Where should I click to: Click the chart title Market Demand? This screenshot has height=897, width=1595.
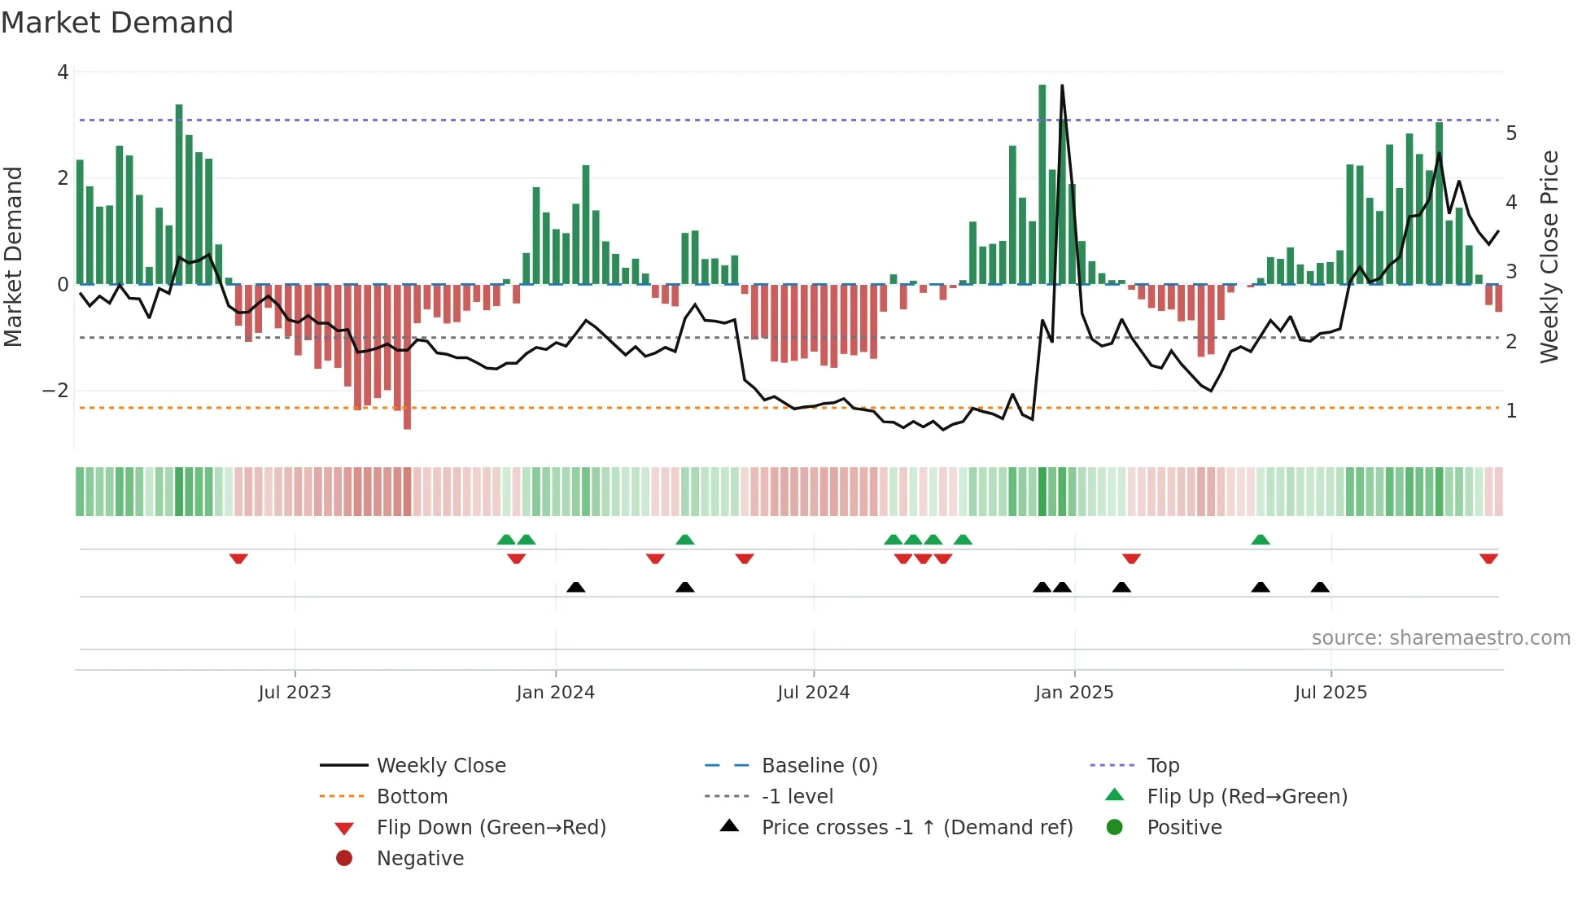(117, 23)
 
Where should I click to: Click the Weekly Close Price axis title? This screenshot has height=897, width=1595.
(1549, 256)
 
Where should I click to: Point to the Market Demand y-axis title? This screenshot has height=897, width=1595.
(14, 256)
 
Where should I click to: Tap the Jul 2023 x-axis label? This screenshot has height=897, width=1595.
(295, 693)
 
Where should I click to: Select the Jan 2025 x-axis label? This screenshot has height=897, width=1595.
(1074, 693)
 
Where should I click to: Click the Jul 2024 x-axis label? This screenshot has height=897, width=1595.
(813, 693)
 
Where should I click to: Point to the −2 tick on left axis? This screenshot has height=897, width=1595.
(55, 391)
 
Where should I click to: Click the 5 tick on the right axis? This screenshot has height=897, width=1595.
(1511, 133)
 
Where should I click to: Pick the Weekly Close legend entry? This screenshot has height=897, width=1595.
(440, 766)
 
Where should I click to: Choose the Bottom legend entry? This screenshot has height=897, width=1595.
(412, 797)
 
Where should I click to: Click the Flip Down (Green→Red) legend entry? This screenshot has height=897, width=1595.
(491, 828)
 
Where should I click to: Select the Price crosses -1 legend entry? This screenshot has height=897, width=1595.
(916, 828)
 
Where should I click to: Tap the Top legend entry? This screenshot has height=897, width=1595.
(1163, 766)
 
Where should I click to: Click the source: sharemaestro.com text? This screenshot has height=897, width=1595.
(1440, 638)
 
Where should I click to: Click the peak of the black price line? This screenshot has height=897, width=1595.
(1062, 86)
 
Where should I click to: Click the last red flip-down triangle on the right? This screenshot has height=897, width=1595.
(1488, 559)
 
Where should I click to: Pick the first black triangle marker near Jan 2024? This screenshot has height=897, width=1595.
(575, 587)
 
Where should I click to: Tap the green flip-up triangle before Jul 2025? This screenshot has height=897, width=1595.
(1261, 540)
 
